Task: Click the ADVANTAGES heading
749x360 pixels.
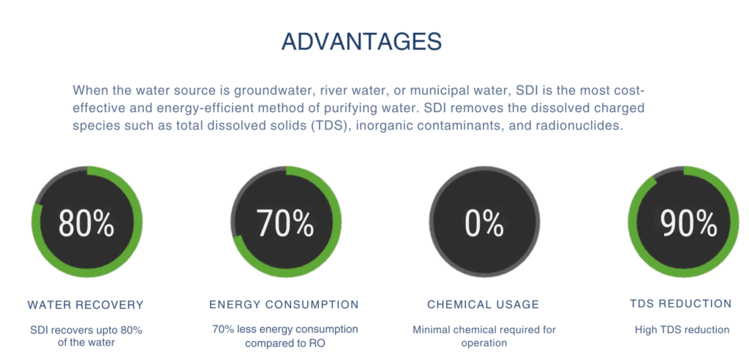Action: [x=361, y=42]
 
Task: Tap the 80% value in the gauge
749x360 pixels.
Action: [x=87, y=222]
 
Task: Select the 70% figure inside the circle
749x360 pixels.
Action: [x=285, y=222]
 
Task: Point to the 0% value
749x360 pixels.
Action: [x=484, y=222]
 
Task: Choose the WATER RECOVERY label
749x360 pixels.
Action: [x=86, y=304]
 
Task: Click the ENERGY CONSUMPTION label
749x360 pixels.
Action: [x=284, y=304]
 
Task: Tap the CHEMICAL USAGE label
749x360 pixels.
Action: [x=483, y=304]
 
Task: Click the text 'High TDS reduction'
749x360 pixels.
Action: [x=682, y=329]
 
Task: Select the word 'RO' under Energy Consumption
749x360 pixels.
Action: [x=317, y=343]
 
